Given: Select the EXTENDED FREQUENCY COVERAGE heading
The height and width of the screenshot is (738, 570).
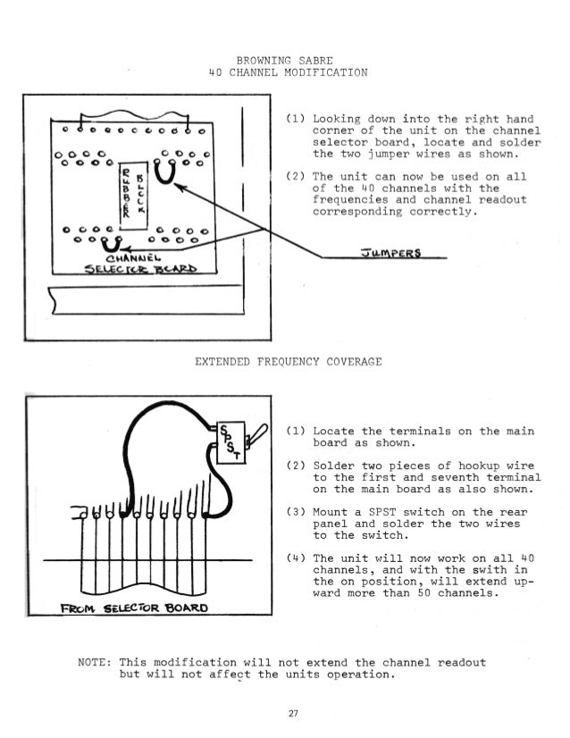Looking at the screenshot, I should coord(288,362).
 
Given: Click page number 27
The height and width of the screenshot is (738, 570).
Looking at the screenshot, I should coord(286,712).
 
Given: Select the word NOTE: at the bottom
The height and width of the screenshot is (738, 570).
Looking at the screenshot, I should coord(96,662).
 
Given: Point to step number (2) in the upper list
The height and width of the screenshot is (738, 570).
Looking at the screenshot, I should coord(297,177).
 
